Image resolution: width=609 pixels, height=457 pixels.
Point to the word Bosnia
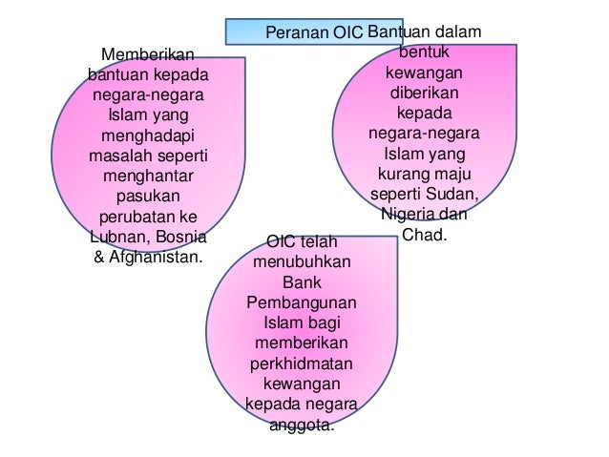(x=178, y=237)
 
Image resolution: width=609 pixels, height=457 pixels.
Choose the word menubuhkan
(x=302, y=261)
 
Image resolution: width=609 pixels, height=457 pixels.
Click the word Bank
(x=302, y=282)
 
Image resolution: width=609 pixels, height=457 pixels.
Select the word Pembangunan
(x=302, y=302)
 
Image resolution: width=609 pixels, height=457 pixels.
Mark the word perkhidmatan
(x=302, y=364)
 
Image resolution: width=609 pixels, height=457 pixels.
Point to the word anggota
(x=302, y=425)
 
